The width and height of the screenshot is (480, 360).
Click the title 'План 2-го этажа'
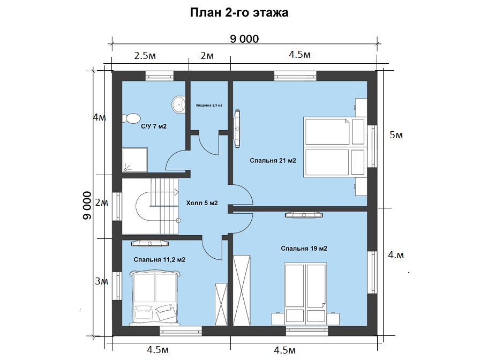click(239, 13)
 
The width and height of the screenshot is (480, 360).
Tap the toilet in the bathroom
click(131, 118)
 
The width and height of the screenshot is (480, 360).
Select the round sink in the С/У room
click(178, 104)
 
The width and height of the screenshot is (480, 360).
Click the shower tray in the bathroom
click(135, 160)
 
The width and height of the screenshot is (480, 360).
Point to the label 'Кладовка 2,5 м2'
click(209, 106)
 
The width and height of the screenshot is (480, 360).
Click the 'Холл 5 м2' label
click(202, 203)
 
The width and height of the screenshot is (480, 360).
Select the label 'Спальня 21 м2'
click(273, 161)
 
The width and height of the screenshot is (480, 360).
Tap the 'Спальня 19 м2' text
click(304, 249)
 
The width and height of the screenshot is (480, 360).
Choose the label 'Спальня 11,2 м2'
click(160, 260)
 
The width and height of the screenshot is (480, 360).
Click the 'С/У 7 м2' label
click(154, 126)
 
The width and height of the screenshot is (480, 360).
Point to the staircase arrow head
click(176, 192)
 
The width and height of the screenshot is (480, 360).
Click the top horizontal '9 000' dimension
click(244, 39)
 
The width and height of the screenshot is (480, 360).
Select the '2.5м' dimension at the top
click(145, 56)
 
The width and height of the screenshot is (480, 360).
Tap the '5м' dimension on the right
click(396, 135)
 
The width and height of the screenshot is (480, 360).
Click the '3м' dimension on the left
click(101, 281)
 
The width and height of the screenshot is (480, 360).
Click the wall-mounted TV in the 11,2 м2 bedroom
click(150, 243)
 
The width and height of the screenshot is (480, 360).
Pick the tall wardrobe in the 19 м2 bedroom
click(242, 290)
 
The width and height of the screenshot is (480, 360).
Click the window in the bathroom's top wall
click(159, 76)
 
